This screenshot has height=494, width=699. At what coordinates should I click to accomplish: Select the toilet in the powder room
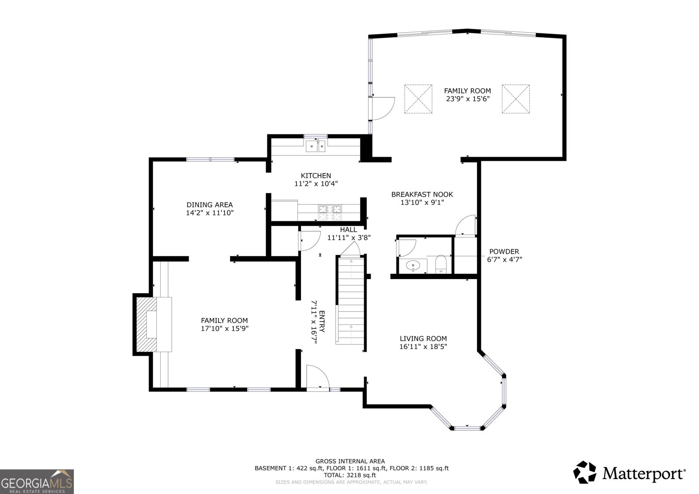coord(441,264)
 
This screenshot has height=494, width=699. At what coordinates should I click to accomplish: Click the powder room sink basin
coord(413,265)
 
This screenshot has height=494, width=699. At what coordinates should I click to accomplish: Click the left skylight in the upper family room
coord(418,99)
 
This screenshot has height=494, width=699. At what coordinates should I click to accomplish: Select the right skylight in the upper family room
coord(516,99)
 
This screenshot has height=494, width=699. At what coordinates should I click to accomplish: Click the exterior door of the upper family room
coord(382,108)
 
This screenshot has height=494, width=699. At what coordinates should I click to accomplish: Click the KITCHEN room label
coord(316,176)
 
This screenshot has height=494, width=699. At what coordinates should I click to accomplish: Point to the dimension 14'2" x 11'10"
coord(210,213)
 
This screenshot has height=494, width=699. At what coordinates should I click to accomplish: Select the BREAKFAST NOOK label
coord(422,194)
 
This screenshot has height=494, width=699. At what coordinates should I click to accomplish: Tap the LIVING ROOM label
coord(423,339)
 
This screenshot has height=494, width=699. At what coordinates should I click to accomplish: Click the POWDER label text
coord(504,252)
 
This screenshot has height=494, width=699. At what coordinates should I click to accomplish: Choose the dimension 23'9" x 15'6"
coord(467,99)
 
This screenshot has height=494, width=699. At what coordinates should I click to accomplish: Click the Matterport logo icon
coord(585,472)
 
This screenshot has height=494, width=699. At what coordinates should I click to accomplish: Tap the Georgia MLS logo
coord(37,481)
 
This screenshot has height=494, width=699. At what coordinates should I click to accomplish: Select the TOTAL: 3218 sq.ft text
coord(350,475)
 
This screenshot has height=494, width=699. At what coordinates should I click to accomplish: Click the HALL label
coord(349,230)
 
